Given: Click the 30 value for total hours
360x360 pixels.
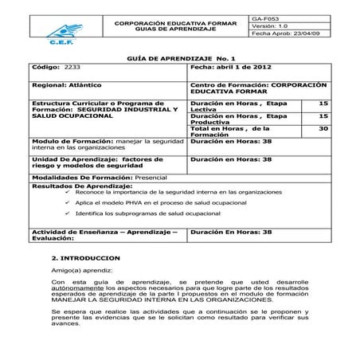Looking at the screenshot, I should [323, 128].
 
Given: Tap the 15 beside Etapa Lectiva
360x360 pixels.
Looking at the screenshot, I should [323, 103].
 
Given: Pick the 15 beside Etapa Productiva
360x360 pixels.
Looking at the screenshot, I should [323, 115].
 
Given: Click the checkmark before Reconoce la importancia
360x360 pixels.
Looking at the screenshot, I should [68, 193].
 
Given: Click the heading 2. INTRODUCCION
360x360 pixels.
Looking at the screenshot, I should [85, 259].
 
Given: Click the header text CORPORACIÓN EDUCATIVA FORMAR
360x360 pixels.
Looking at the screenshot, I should [176, 23].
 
